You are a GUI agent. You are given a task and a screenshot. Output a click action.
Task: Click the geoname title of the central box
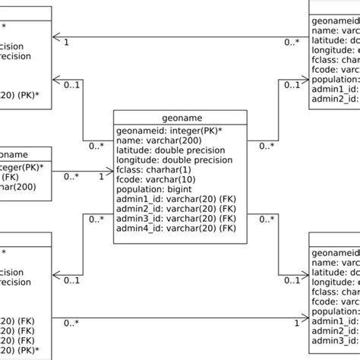180,118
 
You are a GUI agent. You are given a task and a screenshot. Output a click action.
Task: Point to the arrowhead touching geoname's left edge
109,172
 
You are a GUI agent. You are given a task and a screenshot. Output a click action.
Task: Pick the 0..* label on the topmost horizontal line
292,43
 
